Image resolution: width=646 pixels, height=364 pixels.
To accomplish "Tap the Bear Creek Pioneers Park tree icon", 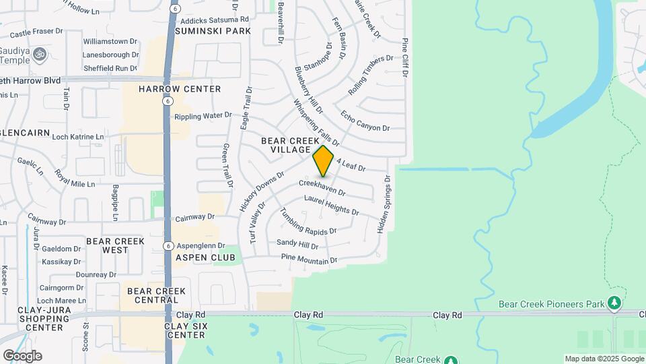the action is (x=614, y=303).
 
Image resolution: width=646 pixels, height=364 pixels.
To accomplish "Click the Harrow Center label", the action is (x=180, y=89).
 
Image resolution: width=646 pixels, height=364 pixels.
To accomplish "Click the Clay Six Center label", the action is (x=186, y=330).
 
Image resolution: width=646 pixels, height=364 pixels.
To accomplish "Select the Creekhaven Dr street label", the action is (x=322, y=187).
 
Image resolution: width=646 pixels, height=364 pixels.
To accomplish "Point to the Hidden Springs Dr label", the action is (x=384, y=204).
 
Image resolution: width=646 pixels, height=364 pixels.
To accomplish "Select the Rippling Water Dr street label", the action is (x=203, y=116).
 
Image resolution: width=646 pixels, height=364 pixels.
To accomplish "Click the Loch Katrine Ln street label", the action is (x=77, y=136).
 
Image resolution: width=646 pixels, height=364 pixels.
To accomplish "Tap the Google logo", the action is (x=22, y=356).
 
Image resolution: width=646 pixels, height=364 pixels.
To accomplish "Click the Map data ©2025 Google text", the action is (x=604, y=359).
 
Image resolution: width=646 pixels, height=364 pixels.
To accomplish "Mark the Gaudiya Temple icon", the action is (x=39, y=53).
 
